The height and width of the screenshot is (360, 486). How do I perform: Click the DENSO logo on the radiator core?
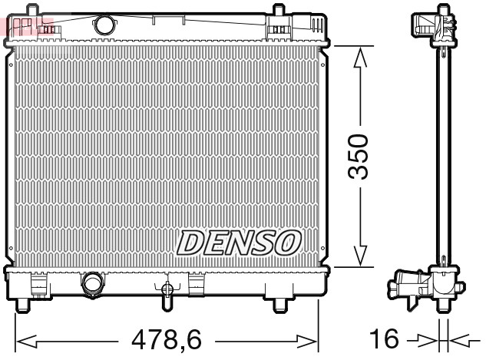coord(238,243)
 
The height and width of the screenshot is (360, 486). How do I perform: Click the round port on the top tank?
coord(103,25)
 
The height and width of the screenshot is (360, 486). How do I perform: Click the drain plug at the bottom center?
coord(167,292)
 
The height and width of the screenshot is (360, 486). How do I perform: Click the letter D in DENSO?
coord(192,243)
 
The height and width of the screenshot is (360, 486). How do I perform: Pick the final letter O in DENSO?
coord(284,243)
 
